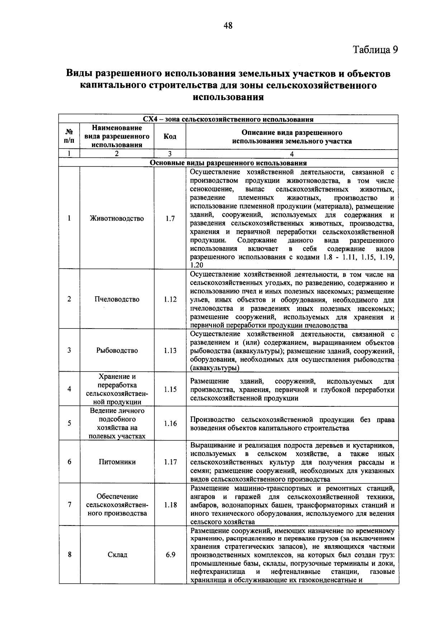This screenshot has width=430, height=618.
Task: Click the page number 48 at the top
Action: point(228,25)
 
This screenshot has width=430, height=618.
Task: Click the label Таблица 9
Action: point(375,50)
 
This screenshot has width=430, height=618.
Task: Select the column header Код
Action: point(170,137)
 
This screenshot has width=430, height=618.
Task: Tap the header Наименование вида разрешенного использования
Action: point(117,137)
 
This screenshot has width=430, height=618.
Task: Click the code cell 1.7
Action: point(170,218)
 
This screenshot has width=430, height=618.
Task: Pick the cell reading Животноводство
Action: point(117,218)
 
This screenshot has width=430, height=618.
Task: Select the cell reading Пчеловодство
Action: point(117,299)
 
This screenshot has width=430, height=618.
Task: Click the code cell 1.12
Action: point(170,299)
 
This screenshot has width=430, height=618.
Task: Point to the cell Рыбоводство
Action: point(117,350)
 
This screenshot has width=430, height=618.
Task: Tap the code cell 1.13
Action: point(170,350)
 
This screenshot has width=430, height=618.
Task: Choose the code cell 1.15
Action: point(170,389)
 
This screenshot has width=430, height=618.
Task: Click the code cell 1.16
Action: point(170,423)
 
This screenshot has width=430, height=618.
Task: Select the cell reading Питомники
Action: point(117,462)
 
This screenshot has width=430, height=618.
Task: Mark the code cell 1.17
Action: point(170,462)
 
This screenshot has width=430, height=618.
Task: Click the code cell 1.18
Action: point(170,505)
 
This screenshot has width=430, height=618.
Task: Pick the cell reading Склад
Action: point(117,555)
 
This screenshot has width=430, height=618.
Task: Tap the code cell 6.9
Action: point(170,555)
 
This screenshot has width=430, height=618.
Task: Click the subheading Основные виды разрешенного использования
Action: point(228,163)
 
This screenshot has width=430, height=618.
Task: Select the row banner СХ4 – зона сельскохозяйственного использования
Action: point(228,119)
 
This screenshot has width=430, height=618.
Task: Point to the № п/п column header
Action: point(70,137)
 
